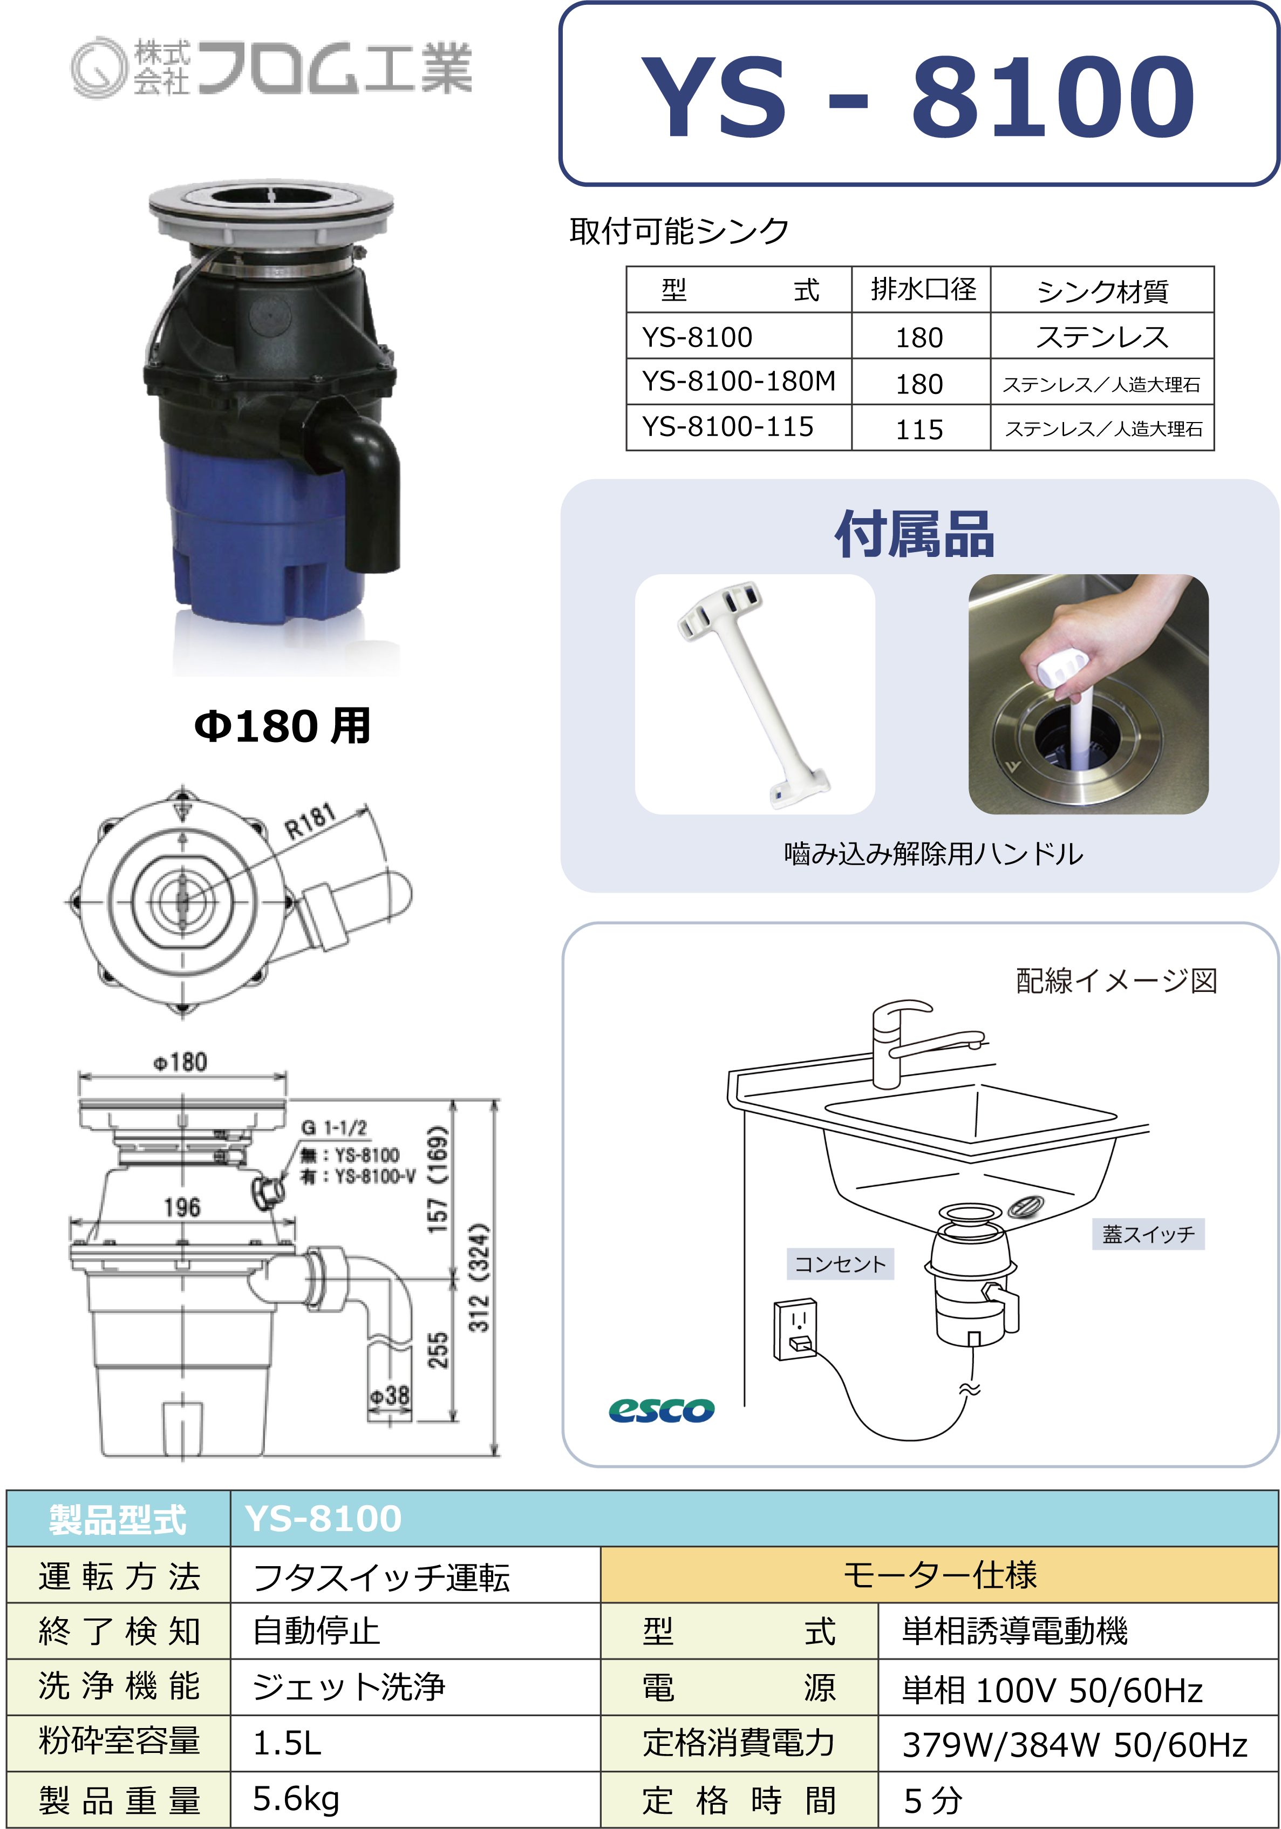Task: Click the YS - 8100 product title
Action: [918, 96]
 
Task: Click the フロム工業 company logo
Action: [271, 67]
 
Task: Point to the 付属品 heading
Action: [915, 534]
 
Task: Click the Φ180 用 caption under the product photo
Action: [283, 726]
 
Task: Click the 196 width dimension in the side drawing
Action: [182, 1207]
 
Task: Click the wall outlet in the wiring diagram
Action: [795, 1329]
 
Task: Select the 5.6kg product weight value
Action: [296, 1799]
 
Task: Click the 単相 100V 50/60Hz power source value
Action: [1052, 1690]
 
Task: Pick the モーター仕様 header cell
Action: [939, 1574]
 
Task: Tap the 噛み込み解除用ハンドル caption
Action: [933, 854]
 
